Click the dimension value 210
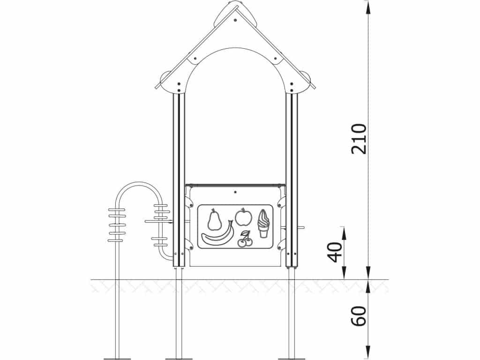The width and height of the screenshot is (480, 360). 359,139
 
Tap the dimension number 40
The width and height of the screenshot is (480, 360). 335,252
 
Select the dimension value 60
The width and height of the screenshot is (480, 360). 359,316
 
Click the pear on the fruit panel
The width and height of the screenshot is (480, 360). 214,219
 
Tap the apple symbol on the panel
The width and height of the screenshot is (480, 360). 244,217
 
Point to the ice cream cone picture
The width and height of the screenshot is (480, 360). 263,224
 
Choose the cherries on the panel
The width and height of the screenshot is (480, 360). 245,239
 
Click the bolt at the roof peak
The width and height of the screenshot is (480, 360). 235,20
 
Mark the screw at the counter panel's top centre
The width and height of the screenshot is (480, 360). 235,192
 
